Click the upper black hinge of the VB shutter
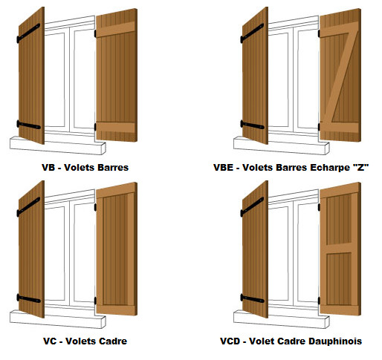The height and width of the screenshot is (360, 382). tap(28, 33)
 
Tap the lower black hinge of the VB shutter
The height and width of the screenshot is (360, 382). tap(28, 125)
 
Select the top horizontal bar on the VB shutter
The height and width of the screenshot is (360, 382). tap(115, 30)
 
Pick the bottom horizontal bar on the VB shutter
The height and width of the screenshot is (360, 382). tap(115, 127)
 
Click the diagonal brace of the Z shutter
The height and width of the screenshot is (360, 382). tap(340, 77)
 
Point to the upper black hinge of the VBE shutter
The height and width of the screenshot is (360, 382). tap(252, 33)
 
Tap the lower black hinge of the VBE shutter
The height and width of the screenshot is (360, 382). tap(252, 125)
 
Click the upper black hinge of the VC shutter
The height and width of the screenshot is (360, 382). tap(28, 206)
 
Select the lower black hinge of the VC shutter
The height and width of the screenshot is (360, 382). tap(28, 298)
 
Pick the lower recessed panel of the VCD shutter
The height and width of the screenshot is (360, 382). tap(339, 279)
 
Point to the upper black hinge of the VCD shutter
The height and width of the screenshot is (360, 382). tap(252, 206)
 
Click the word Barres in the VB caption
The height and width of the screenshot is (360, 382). tap(113, 168)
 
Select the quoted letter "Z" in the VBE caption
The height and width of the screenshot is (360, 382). tap(360, 167)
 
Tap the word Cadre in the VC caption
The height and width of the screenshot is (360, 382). tap(113, 341)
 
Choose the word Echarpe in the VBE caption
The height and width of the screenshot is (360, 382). tap(330, 168)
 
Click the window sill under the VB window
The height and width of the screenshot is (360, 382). tap(58, 145)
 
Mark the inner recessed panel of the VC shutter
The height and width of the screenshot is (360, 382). tap(116, 249)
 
